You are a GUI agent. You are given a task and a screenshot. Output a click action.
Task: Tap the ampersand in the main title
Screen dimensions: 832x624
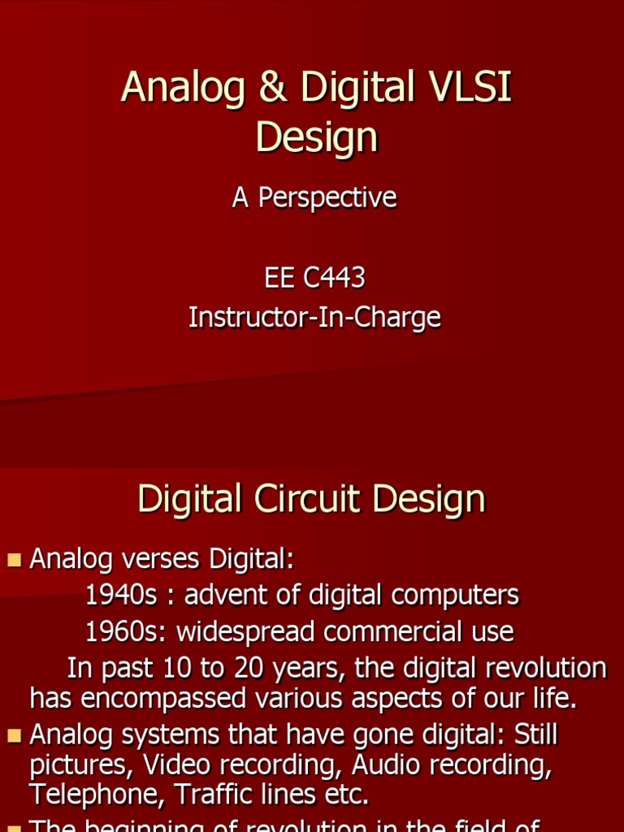pyautogui.click(x=272, y=88)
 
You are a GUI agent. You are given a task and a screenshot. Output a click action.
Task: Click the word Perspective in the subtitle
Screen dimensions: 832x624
pyautogui.click(x=327, y=197)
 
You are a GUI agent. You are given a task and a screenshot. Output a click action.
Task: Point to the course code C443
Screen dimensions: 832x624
pyautogui.click(x=333, y=278)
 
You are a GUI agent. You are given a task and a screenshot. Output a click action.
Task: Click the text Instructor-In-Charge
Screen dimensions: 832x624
pyautogui.click(x=314, y=317)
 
